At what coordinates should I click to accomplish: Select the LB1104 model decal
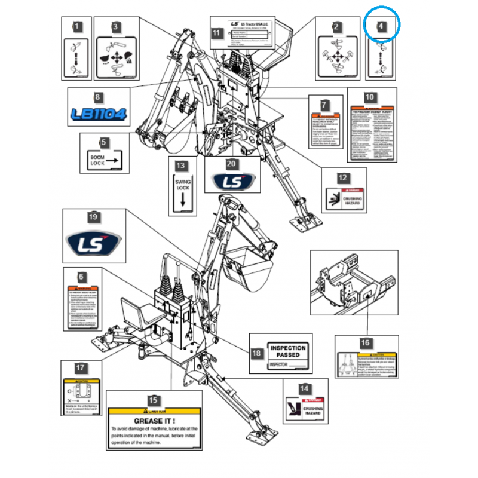pos(98,114)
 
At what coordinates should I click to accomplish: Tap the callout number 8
pos(98,97)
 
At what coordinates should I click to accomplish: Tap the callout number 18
pos(256,354)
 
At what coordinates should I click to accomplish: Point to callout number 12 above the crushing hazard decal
pos(342,178)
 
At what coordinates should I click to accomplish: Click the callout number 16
pos(365,343)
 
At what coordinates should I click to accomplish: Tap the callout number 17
pos(80,369)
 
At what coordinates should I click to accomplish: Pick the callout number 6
pos(81,278)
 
